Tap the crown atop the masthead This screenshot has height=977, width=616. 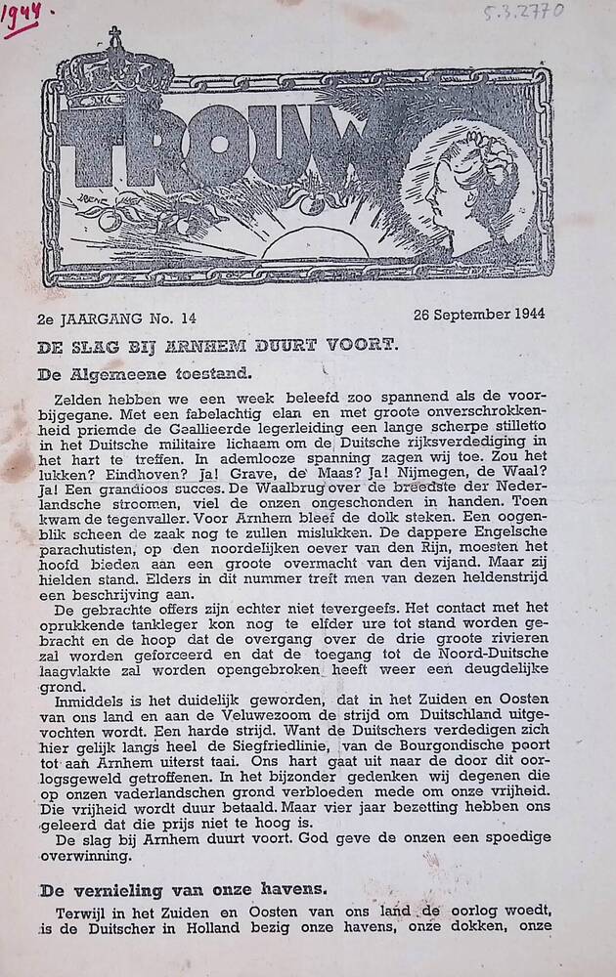[115, 66]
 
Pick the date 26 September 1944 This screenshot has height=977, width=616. [478, 314]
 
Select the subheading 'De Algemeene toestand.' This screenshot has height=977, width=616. [144, 372]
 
